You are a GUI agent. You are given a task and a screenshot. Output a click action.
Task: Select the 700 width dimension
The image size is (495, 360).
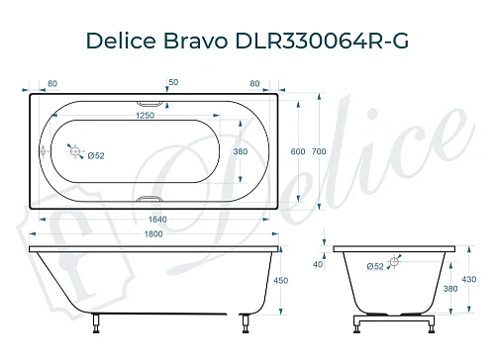point(346,151)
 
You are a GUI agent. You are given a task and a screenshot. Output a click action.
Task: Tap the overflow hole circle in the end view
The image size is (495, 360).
point(395,262)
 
